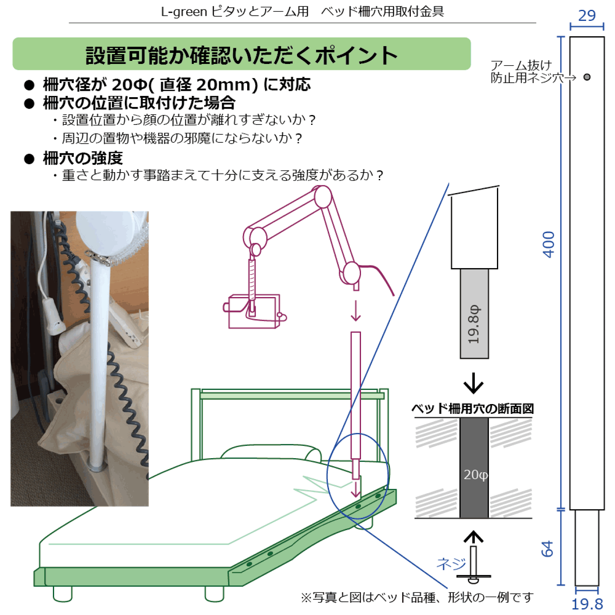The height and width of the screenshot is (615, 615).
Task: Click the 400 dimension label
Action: (548, 244)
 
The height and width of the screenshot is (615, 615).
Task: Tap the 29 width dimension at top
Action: (586, 16)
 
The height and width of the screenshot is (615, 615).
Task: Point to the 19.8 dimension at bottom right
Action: (587, 604)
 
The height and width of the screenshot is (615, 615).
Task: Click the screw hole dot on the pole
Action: (587, 77)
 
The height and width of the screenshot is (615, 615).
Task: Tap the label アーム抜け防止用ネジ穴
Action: (527, 72)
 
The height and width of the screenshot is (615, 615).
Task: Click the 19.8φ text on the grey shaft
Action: (474, 324)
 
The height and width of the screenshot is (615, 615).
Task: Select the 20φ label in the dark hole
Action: (475, 475)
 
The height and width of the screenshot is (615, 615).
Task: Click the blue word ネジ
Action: (451, 564)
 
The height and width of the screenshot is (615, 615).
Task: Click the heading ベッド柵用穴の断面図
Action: (472, 409)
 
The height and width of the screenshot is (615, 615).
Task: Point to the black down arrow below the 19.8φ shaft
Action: (473, 384)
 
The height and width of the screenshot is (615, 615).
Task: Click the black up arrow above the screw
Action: (473, 537)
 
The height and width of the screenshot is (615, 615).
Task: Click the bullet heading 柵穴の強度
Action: (83, 159)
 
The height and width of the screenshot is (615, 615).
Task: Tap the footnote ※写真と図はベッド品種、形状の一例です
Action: (417, 598)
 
